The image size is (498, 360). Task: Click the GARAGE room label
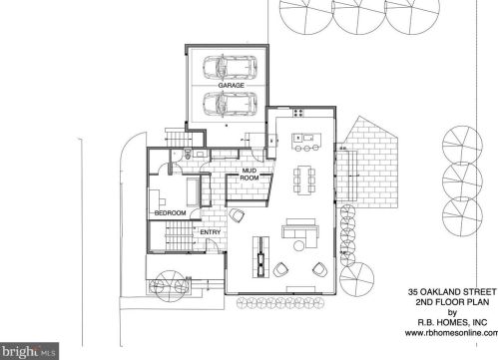[x=231, y=86]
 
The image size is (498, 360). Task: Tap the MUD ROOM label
[x=249, y=175]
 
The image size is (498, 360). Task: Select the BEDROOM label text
[x=171, y=212]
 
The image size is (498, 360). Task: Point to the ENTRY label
[x=211, y=232]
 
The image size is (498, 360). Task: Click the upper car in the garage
[x=230, y=68]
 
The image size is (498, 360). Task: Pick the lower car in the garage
[x=230, y=104]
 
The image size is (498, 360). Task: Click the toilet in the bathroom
[x=188, y=154]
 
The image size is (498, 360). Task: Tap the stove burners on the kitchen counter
[x=298, y=113]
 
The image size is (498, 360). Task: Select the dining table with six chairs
[x=304, y=180]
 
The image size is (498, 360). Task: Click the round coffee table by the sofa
[x=298, y=245]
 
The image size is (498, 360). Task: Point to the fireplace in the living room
[x=261, y=256]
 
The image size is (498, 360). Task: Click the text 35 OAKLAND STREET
[x=452, y=292]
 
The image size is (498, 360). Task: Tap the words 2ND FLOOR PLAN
[x=452, y=302]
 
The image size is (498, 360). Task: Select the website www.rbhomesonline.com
[x=451, y=333]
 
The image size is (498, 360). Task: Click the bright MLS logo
[x=29, y=351]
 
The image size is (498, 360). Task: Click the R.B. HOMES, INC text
[x=452, y=322]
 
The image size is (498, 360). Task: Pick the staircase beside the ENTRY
[x=180, y=237]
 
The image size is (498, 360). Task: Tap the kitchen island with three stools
[x=306, y=142]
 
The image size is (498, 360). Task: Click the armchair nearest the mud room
[x=237, y=215]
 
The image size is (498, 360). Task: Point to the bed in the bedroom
[x=194, y=191]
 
